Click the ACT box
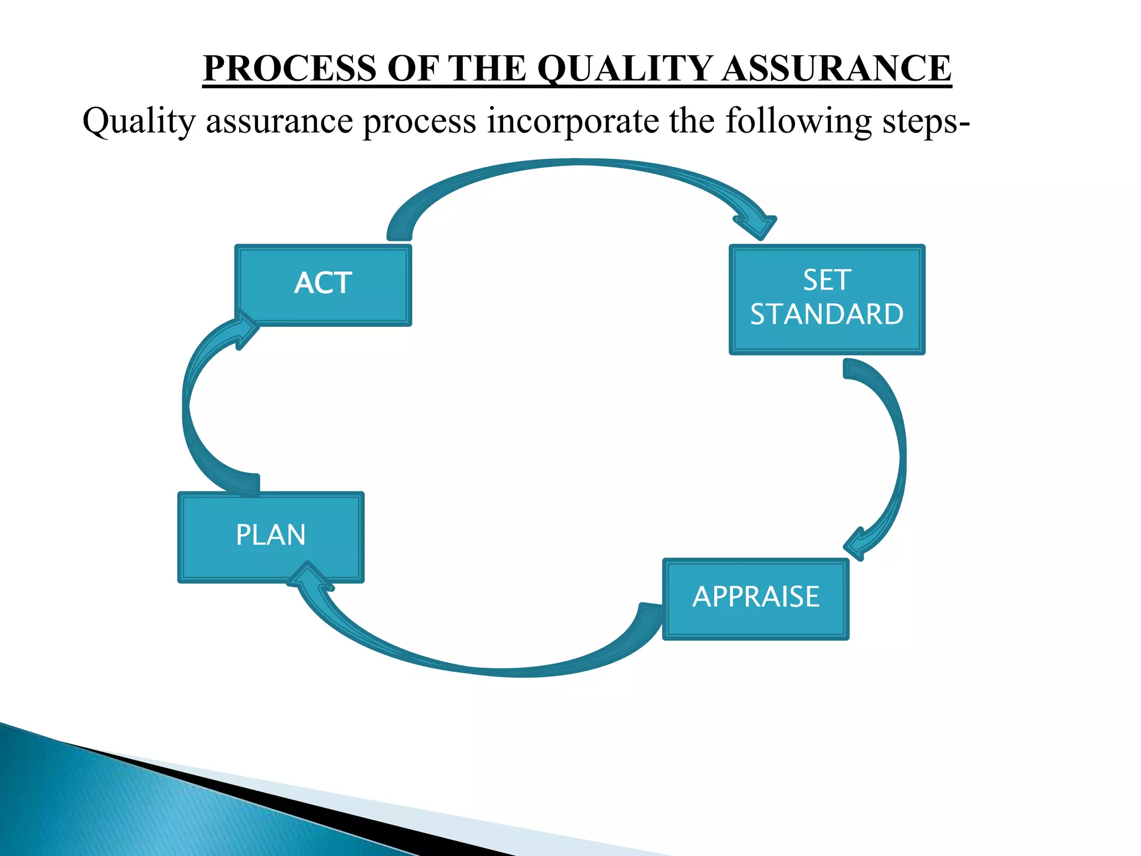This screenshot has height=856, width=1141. click(x=323, y=285)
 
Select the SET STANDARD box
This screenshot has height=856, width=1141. click(x=827, y=299)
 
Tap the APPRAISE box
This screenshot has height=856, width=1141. click(x=755, y=599)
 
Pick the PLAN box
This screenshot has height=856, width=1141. click(x=271, y=537)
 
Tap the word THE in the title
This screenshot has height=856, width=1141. click(x=487, y=69)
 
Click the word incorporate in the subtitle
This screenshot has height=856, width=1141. click(x=573, y=121)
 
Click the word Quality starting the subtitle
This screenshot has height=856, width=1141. click(x=139, y=121)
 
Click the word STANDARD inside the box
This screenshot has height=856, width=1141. click(x=827, y=315)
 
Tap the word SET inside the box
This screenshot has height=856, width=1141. click(x=827, y=280)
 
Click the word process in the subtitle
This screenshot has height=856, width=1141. click(x=420, y=121)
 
